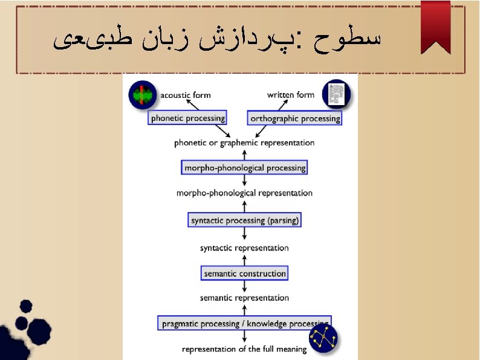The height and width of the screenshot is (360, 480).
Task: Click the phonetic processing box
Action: [187, 118]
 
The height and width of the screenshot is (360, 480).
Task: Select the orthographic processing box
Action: [294, 118]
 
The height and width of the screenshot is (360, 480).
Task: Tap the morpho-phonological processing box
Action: [244, 167]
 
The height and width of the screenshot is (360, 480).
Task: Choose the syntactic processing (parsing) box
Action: [244, 220]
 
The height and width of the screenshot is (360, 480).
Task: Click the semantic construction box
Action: [244, 273]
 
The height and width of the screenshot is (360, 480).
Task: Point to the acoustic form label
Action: [185, 95]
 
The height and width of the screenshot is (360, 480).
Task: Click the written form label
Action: [291, 95]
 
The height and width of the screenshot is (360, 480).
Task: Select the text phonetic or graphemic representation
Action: [244, 143]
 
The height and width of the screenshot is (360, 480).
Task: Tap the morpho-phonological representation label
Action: [244, 193]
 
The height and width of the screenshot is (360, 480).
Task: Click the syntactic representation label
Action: [244, 248]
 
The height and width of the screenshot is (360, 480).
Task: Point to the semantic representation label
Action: [244, 298]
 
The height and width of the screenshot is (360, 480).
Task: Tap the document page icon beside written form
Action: [336, 94]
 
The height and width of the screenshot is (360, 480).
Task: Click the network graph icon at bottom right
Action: [323, 339]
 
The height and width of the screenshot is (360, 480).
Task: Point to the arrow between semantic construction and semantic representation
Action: [244, 286]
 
